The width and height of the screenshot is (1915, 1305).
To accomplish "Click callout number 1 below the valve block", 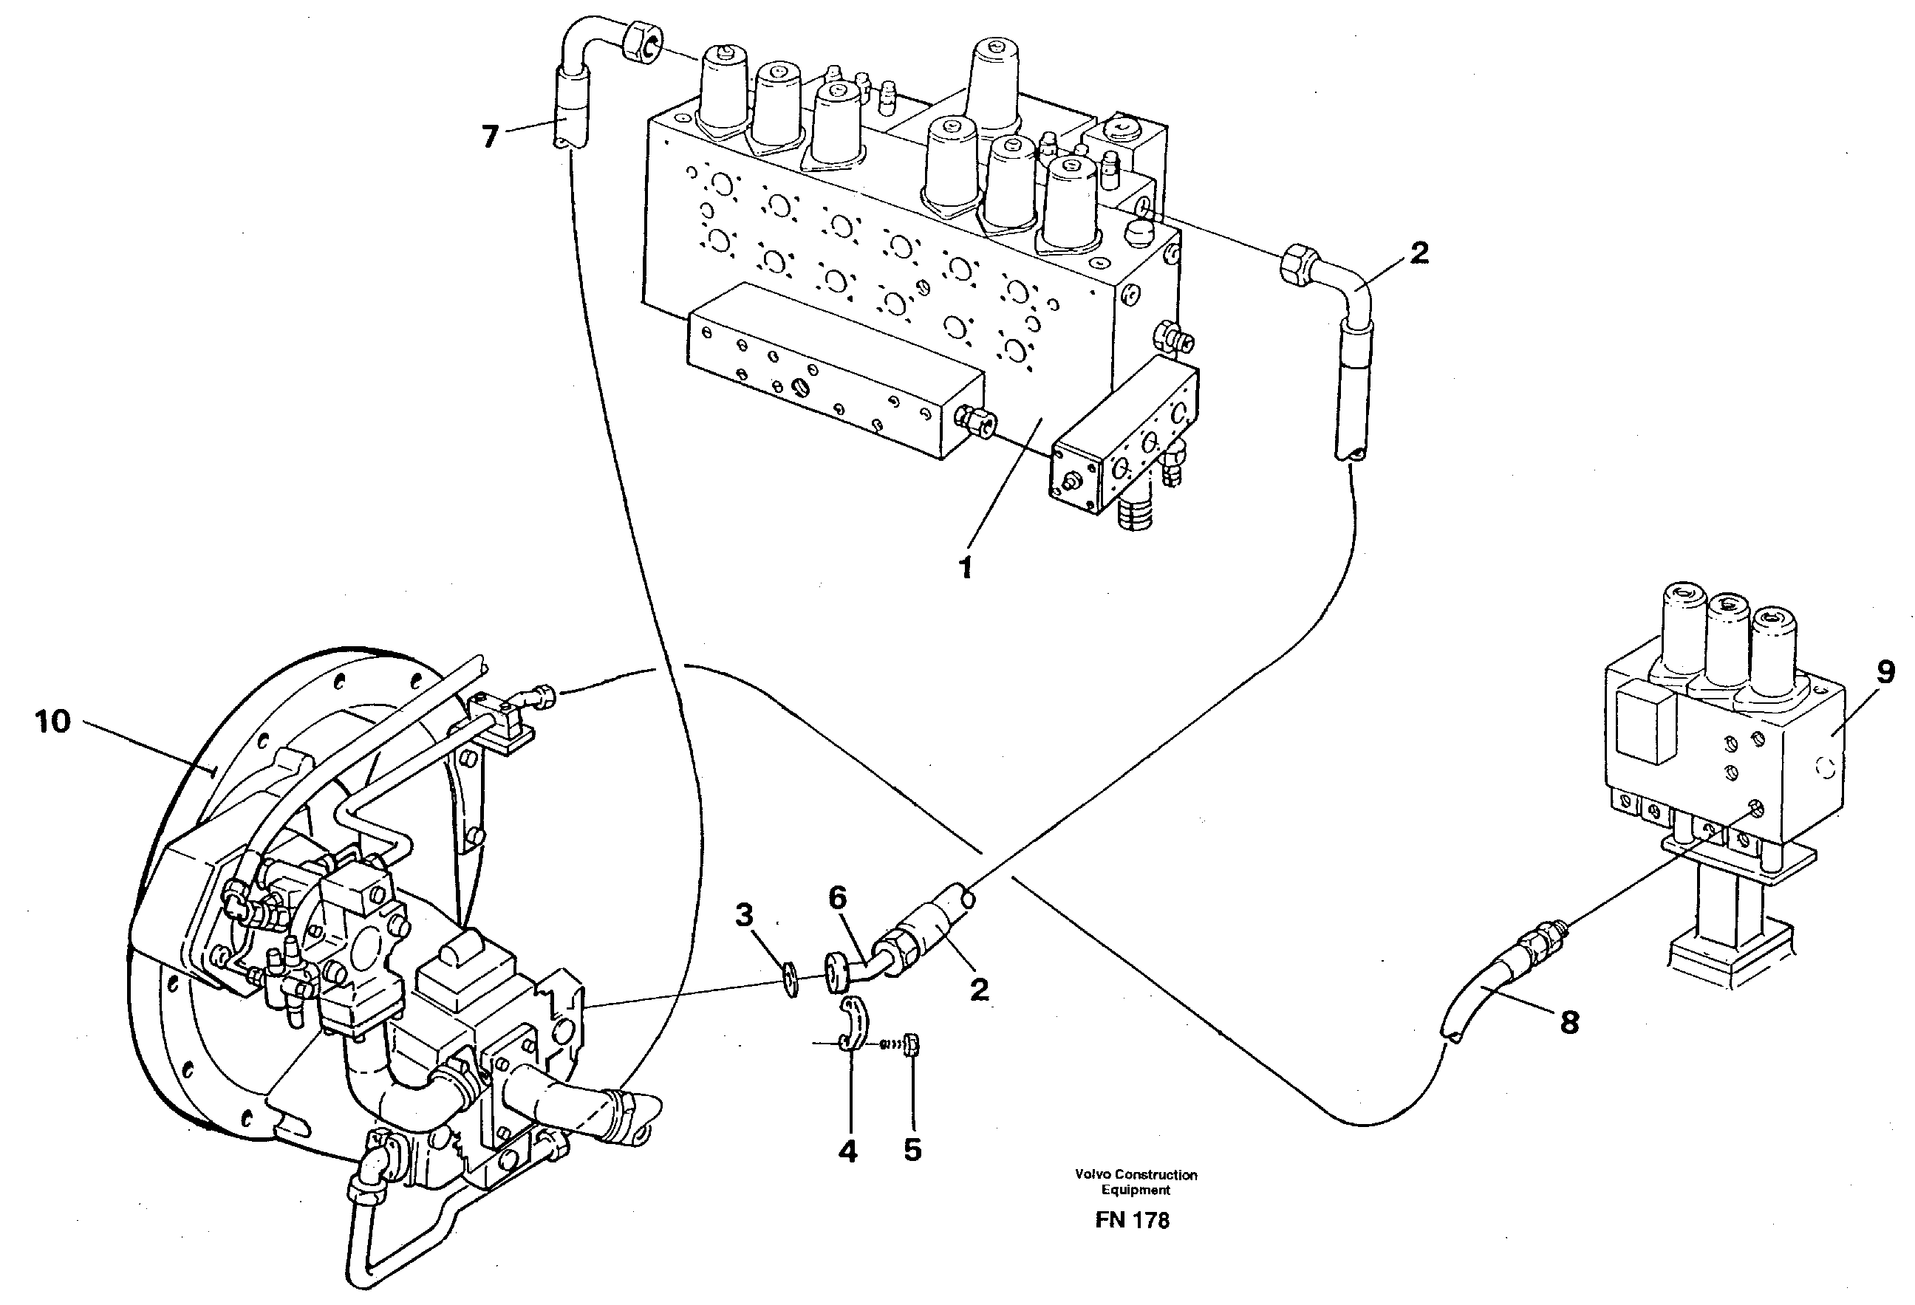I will (x=966, y=568).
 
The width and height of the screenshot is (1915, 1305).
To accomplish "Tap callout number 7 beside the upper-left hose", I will (x=491, y=136).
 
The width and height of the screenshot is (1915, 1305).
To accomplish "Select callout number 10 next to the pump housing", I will (x=52, y=722).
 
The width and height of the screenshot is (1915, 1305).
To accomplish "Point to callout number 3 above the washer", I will (x=744, y=914).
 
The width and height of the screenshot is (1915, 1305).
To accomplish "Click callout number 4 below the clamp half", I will (x=848, y=1150).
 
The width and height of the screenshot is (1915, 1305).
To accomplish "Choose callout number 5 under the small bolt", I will (x=912, y=1150).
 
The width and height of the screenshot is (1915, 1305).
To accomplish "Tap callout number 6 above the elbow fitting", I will (x=838, y=898).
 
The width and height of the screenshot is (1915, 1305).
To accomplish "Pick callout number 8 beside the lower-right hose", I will (x=1569, y=1022).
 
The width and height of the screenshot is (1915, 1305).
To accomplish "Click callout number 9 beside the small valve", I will (x=1885, y=672).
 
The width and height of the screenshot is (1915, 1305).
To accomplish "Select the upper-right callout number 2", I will (x=1419, y=253).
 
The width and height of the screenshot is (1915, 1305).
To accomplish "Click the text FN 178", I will (x=1132, y=1220).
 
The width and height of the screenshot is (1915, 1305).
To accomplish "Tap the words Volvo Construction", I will (x=1136, y=1175).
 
